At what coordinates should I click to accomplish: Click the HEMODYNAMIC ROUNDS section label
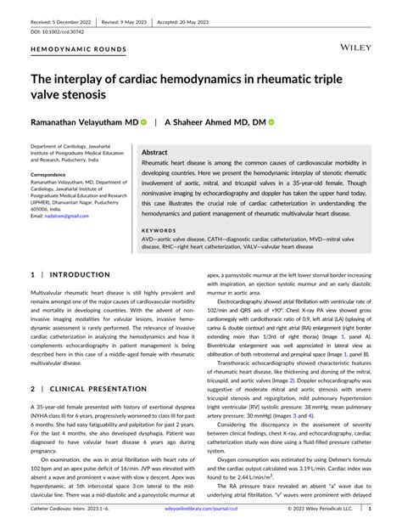coord(78,50)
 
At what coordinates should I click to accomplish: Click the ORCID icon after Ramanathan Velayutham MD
coord(143,122)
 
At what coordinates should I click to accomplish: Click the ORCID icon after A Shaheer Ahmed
coord(271,122)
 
